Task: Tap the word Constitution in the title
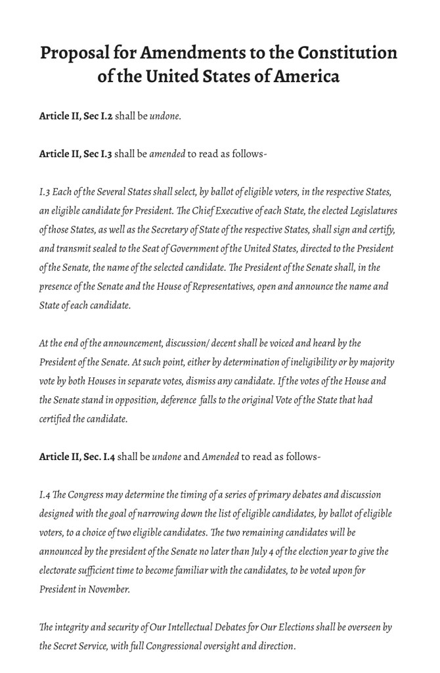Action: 347,53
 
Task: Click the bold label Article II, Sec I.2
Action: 76,116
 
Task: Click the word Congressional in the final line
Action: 212,646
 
